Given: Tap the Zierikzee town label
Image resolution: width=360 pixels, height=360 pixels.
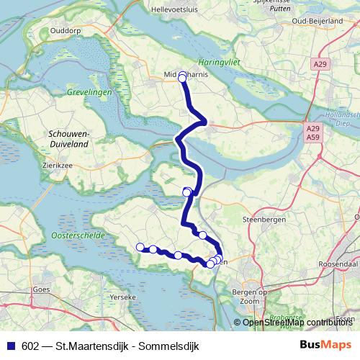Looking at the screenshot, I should coord(58,164).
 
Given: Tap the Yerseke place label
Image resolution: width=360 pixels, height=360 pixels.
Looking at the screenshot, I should coord(120,296).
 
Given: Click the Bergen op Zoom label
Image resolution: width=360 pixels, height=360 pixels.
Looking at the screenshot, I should coord(251,296).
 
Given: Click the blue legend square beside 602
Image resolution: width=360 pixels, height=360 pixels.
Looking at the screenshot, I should coord(12,344).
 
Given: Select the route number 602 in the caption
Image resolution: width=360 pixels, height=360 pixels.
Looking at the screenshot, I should coord(31,344).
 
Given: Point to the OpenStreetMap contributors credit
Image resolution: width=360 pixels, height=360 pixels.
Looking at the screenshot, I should coord(297,323).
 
